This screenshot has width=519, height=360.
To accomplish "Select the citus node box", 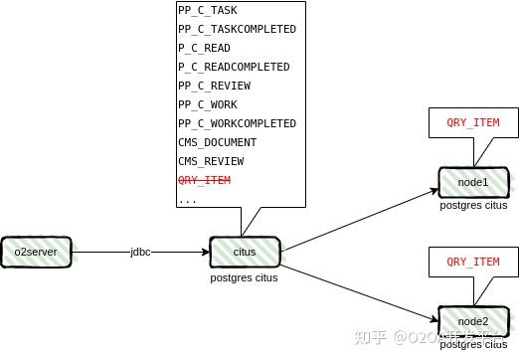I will click(245, 252).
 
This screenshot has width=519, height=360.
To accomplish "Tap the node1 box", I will click(473, 182).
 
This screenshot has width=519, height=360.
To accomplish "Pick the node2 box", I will click(473, 321).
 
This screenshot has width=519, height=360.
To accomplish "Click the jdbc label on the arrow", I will click(141, 252).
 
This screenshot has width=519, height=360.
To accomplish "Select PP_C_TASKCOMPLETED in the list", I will click(237, 29).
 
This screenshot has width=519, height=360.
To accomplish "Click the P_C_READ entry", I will click(204, 48).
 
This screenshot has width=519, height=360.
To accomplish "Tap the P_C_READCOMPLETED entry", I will click(234, 67).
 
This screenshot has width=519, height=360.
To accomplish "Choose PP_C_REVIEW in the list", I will click(214, 86).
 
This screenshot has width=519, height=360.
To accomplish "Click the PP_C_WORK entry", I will click(207, 104).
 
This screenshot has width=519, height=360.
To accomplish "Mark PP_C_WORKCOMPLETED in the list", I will click(237, 123).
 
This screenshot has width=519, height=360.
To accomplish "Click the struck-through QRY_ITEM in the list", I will click(204, 180).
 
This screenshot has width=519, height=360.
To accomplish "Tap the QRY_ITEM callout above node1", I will click(473, 123).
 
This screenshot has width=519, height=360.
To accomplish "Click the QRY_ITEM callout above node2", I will click(473, 262).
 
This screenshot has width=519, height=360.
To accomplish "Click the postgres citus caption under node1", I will click(473, 205).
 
